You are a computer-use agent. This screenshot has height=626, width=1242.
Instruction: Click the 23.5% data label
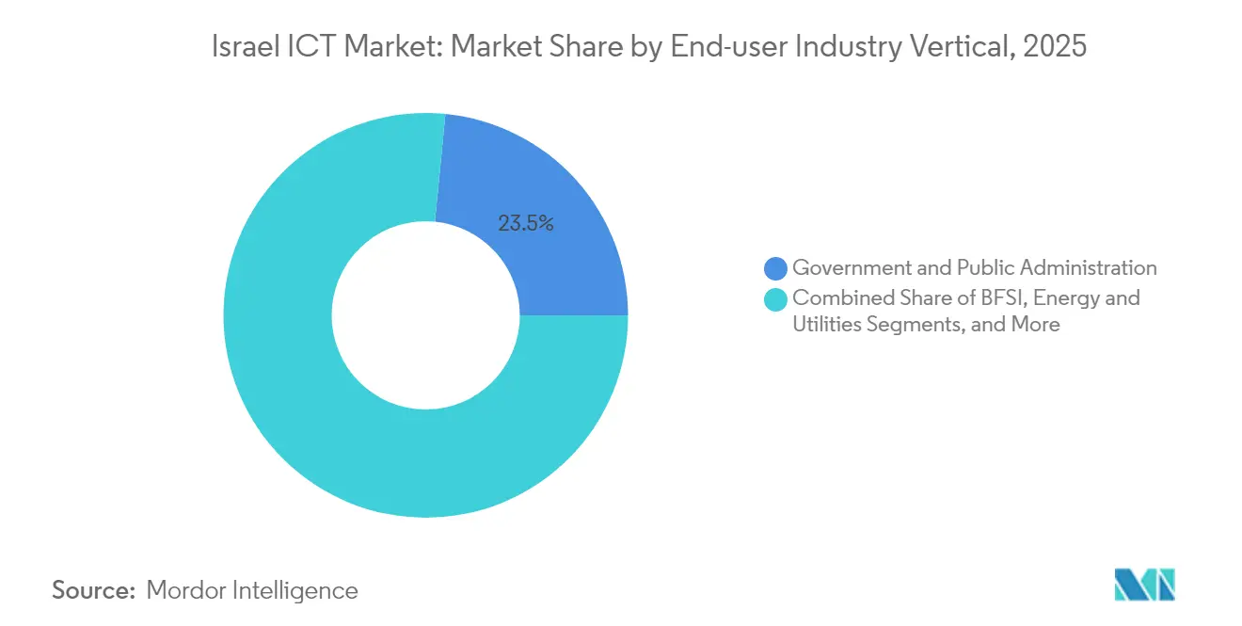point(526,223)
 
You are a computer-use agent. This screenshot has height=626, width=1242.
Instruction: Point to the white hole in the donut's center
point(425,315)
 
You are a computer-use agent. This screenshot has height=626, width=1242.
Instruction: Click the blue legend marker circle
point(776,268)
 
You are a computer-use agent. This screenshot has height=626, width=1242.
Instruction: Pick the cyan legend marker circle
point(776,298)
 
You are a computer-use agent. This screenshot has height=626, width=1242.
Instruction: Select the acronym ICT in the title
point(310,47)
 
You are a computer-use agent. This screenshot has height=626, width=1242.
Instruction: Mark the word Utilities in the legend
point(825,325)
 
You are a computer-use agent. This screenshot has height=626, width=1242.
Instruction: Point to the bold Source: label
point(94,590)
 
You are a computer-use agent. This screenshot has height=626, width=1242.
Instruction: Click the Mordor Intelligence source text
point(252,590)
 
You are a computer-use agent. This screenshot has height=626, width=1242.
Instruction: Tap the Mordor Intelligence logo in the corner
point(1144,585)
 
